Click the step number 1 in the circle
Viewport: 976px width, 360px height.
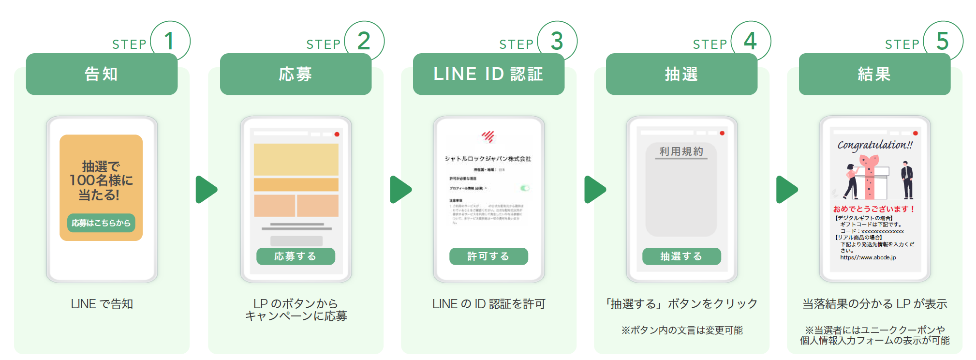tap(169, 41)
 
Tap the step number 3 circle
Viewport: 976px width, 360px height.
tap(557, 41)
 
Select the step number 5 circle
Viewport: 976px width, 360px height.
tap(942, 41)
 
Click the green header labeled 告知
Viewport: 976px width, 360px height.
tap(102, 74)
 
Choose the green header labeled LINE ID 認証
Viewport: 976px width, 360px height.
tap(488, 74)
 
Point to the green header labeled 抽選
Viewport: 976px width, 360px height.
tap(681, 74)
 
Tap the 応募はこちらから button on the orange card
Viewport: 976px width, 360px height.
tap(101, 223)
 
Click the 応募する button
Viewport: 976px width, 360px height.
tap(296, 256)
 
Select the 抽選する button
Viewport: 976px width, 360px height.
tap(681, 256)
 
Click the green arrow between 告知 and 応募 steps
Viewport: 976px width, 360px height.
tap(206, 190)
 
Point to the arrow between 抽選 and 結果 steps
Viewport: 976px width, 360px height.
tap(786, 190)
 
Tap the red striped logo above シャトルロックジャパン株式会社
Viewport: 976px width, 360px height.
tap(488, 137)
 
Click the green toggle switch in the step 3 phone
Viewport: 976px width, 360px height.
tap(525, 188)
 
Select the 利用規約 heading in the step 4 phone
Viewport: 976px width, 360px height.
tap(681, 151)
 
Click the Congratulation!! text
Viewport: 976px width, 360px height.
tap(875, 145)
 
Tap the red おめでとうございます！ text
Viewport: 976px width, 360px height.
tap(874, 209)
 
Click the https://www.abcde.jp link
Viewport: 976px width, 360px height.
tap(868, 257)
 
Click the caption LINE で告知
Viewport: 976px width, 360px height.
tap(102, 304)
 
